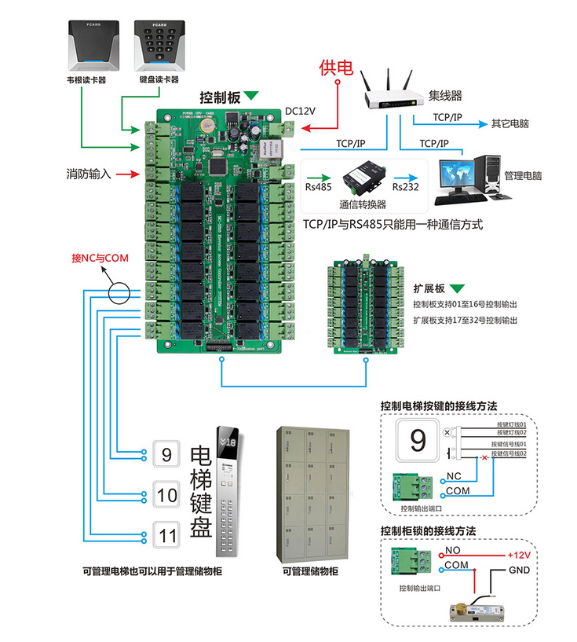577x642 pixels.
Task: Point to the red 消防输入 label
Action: click(89, 174)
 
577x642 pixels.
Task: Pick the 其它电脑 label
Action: click(509, 124)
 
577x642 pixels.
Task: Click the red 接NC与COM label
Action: click(100, 258)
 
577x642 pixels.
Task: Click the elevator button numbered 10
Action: click(166, 495)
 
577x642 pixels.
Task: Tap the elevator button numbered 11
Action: click(166, 537)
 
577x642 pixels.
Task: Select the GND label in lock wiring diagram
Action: click(518, 570)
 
